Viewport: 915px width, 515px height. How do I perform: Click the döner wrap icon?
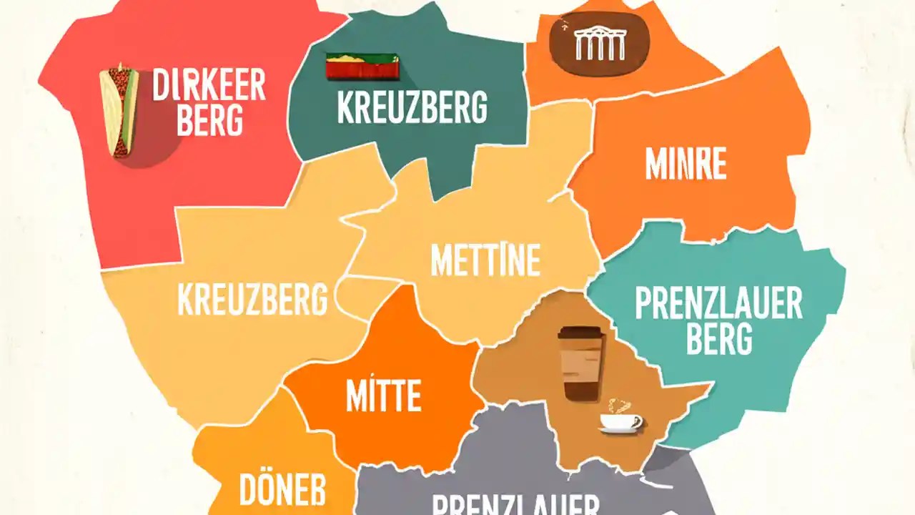[119, 110]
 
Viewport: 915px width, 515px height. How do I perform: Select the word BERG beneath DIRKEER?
[209, 121]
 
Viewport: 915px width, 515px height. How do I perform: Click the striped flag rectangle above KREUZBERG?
[362, 67]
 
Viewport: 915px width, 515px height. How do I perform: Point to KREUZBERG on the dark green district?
[412, 107]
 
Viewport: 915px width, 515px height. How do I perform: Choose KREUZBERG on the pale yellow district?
[252, 299]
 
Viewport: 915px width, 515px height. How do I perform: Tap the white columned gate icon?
[600, 44]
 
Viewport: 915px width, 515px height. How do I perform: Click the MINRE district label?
[686, 165]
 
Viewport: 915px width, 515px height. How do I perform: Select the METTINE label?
[485, 260]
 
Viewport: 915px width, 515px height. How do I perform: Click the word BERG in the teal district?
[718, 339]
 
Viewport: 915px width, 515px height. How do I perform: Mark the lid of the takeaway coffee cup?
[580, 333]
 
